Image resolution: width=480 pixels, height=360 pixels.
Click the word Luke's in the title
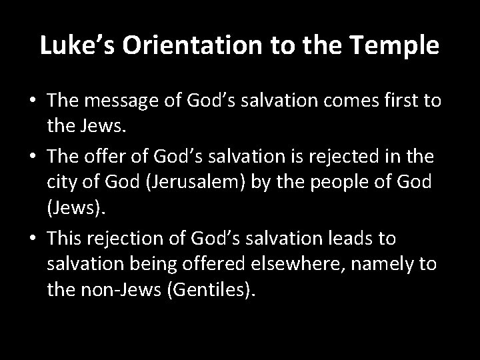pyautogui.click(x=71, y=47)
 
